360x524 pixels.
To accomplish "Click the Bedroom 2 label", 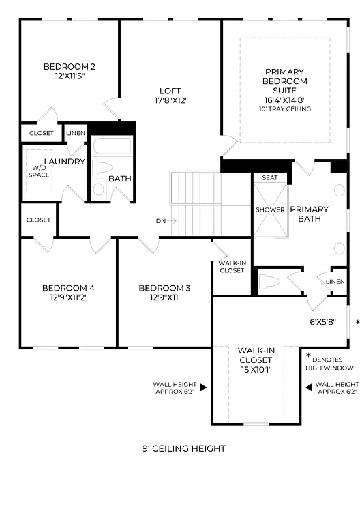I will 69,66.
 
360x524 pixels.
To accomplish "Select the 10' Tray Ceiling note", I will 285,109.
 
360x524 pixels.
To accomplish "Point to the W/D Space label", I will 39,171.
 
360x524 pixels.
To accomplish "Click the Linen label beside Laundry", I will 76,132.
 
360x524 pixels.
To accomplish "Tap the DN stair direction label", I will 161,220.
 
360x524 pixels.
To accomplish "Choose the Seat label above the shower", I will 270,178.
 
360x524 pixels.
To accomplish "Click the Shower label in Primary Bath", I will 270,209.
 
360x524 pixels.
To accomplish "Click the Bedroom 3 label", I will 164,288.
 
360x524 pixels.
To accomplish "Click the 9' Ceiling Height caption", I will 183,448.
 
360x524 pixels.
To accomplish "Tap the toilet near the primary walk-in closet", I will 270,280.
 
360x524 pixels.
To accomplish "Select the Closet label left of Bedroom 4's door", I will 38,220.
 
